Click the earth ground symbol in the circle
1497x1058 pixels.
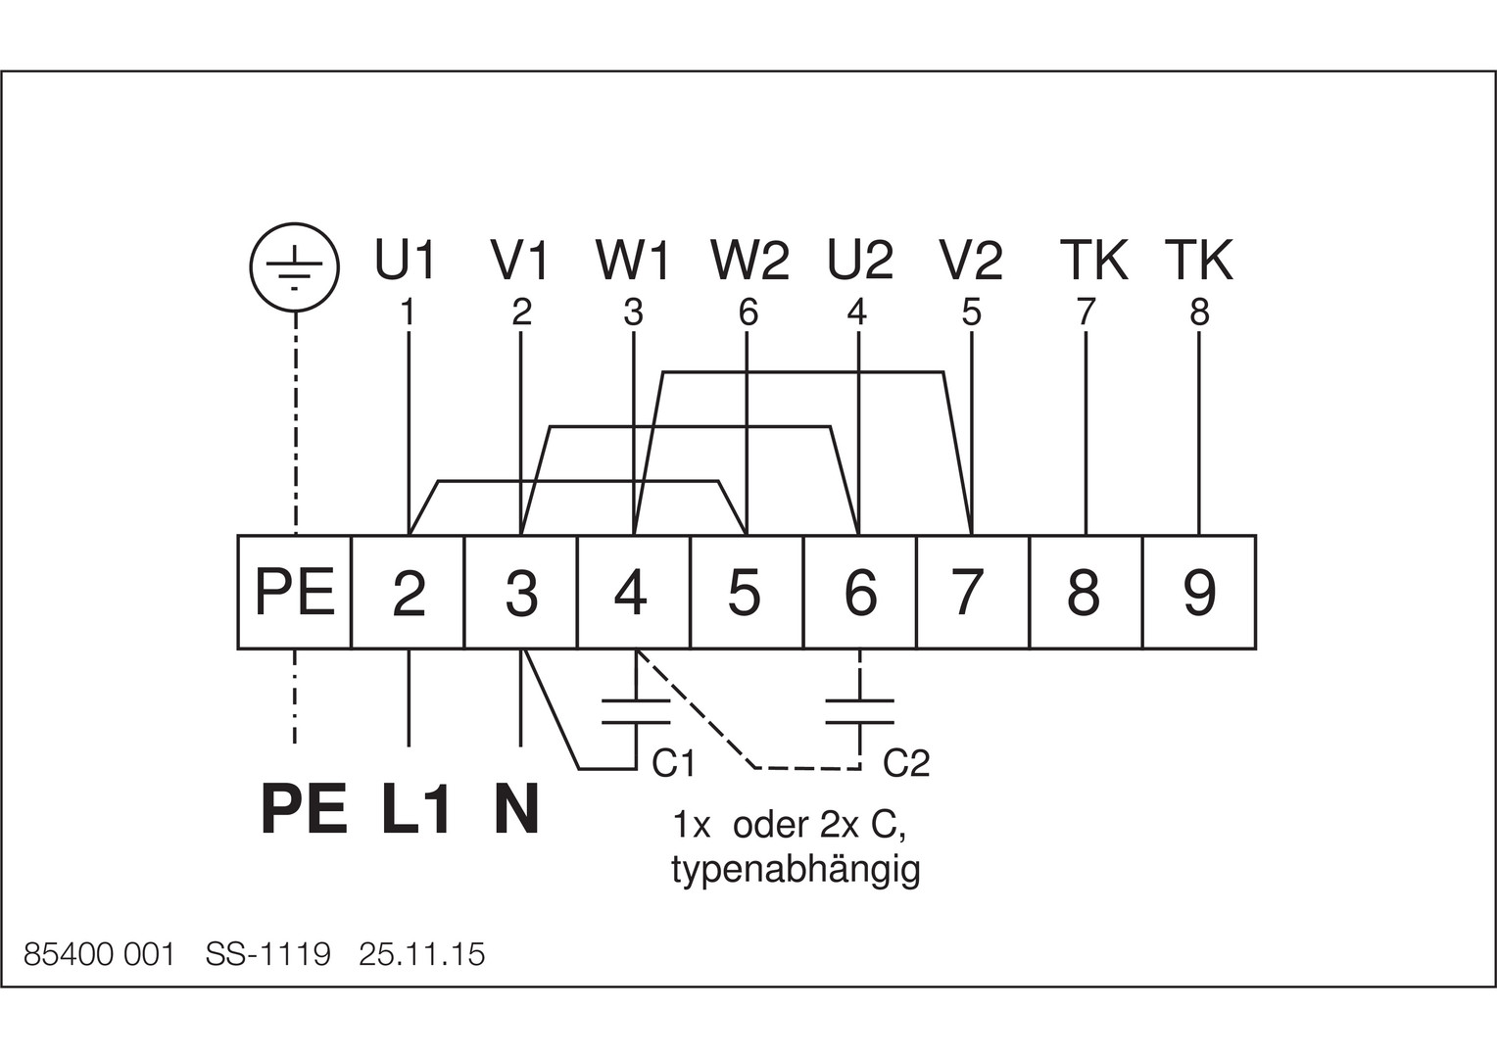pos(295,267)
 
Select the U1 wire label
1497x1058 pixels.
pos(405,260)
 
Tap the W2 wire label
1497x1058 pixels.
pos(749,260)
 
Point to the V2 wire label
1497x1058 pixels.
pos(971,260)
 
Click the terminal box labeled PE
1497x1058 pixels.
pos(295,592)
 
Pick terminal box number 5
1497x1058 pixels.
pos(747,592)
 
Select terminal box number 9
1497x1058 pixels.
pos(1199,592)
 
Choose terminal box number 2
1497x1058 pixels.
pos(408,592)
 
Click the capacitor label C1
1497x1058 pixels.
pos(674,763)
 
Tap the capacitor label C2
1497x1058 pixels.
pos(906,763)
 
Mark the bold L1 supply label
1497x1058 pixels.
pos(414,810)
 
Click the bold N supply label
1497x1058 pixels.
pos(516,810)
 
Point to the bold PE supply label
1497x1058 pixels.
pos(304,810)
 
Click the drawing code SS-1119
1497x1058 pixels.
pos(268,954)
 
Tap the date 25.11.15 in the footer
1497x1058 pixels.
pos(421,954)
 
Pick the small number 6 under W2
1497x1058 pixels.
pos(748,313)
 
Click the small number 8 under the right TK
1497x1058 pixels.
pos(1199,313)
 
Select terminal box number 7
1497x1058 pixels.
pos(973,592)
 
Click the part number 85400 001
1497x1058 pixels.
pos(99,954)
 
